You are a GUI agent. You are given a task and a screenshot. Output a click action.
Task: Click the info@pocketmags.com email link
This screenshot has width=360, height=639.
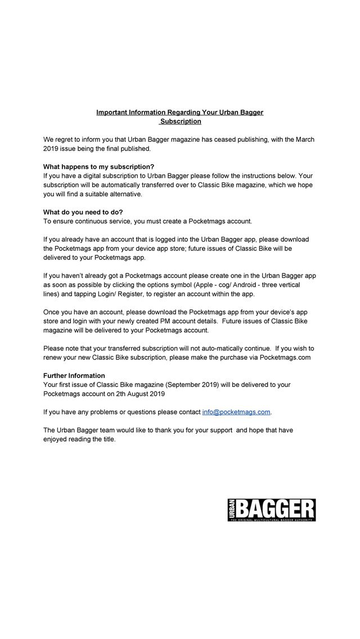(236, 412)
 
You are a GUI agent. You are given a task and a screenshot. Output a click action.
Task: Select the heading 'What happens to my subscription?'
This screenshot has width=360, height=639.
(98, 166)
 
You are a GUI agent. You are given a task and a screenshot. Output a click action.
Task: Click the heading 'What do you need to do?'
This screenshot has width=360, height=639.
(83, 212)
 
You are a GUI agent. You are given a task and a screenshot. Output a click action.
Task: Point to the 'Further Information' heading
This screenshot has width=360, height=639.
(74, 376)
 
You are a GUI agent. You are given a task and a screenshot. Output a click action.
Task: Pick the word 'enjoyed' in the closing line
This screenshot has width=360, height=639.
(56, 439)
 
